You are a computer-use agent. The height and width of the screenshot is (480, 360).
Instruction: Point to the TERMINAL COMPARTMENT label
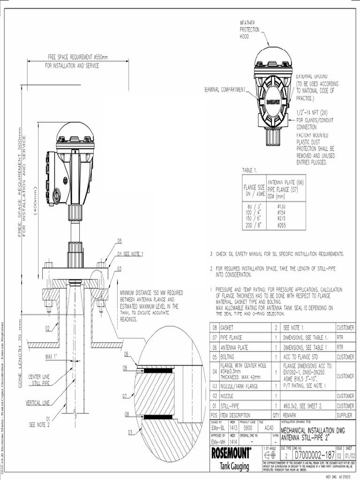[x=225, y=90]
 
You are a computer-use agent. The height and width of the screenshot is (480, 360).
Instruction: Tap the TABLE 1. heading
[x=251, y=170]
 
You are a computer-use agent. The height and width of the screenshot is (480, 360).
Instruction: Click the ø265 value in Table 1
[x=282, y=225]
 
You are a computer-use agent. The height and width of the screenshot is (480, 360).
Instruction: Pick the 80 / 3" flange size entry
[x=253, y=206]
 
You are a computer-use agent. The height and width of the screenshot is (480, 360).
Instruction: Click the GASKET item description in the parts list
[x=229, y=328]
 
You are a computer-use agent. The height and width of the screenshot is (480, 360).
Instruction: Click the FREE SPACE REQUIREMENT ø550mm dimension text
[x=77, y=57]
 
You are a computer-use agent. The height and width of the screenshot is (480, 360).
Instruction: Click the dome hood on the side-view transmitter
[x=75, y=132]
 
